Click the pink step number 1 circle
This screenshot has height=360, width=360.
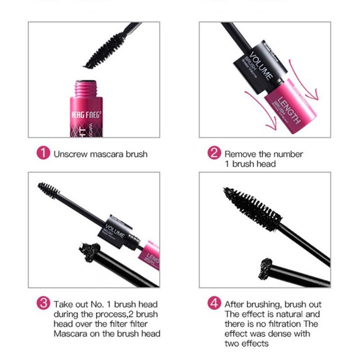pos(42,153)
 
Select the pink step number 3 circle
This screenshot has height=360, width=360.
pos(42,304)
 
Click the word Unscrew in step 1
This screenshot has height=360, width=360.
pos(68,154)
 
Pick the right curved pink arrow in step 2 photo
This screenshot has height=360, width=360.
pos(310,81)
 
